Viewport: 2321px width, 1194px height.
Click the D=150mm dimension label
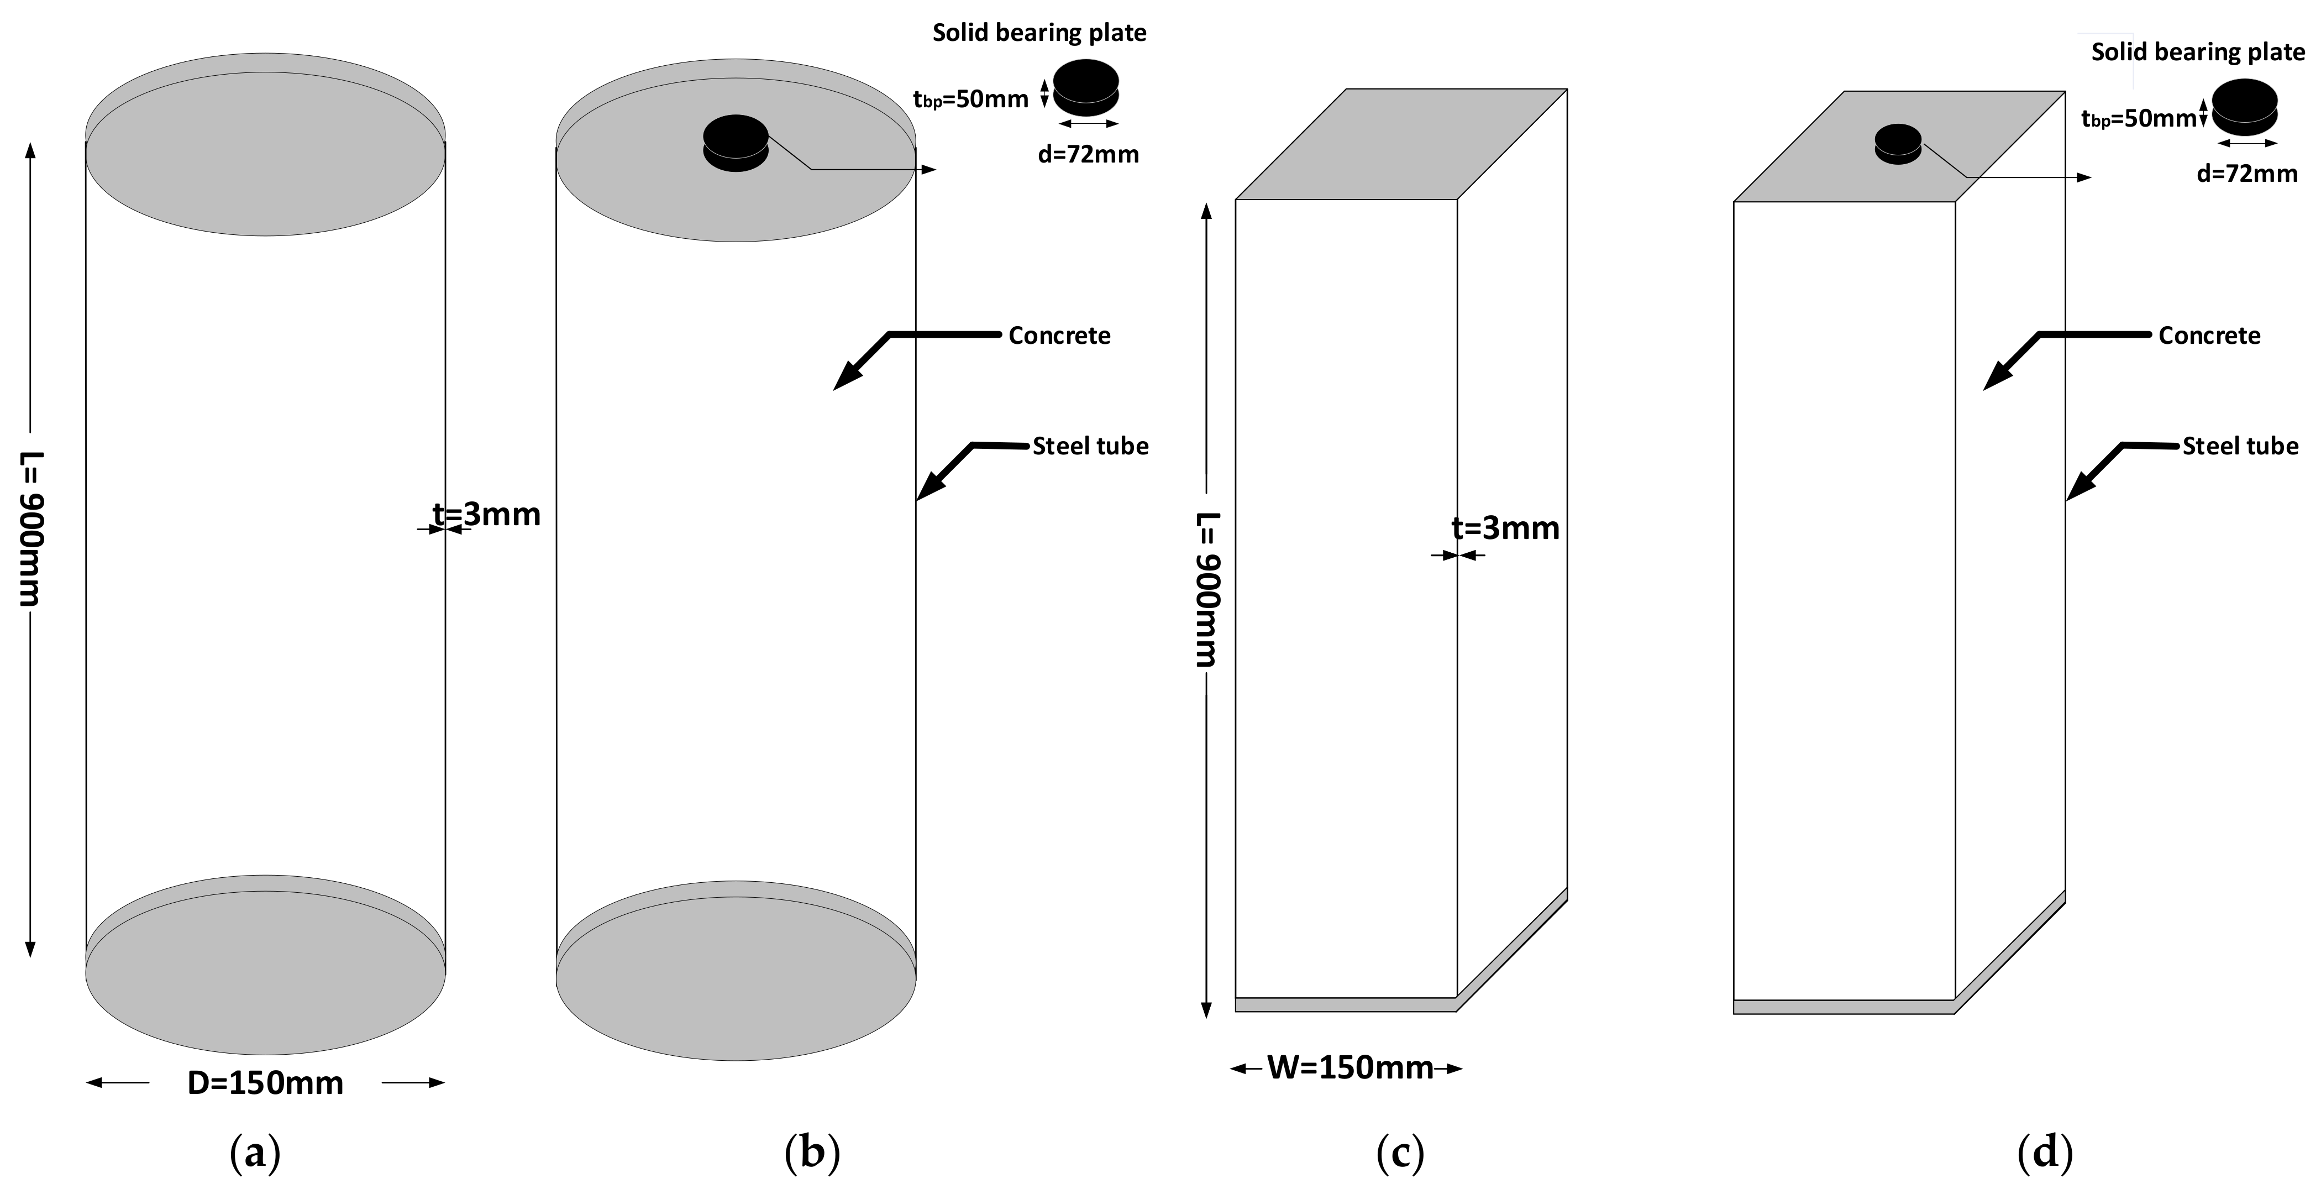click(265, 1082)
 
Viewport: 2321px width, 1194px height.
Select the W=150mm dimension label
click(1349, 1068)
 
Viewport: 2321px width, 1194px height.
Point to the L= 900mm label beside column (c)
click(1206, 590)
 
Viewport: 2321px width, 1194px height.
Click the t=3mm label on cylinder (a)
click(486, 515)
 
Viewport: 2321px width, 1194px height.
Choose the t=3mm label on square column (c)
click(1505, 528)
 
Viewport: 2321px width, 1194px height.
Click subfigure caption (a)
click(255, 1154)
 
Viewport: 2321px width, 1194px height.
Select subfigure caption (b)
click(812, 1154)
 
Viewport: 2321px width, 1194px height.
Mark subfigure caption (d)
click(2045, 1154)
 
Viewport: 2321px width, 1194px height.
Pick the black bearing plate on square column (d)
click(1898, 143)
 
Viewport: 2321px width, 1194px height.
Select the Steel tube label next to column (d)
click(2240, 446)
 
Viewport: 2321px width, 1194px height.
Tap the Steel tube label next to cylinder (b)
click(1090, 446)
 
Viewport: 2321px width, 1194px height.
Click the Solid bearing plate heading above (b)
click(1039, 33)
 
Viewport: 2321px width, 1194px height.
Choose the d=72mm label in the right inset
click(2247, 174)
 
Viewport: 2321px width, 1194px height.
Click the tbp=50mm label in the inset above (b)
click(970, 99)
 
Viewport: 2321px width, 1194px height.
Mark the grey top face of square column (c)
click(1401, 144)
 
